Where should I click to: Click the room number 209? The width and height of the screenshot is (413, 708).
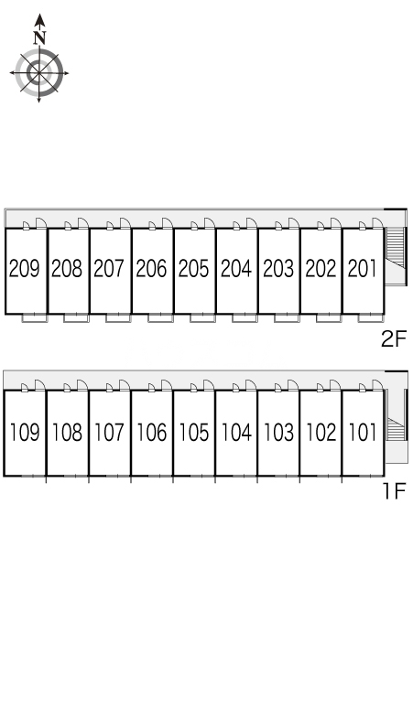click(x=25, y=268)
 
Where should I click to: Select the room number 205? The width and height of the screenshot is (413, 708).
click(x=194, y=268)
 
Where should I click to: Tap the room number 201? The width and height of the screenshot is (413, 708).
click(x=363, y=268)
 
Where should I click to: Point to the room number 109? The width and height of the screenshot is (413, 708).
click(x=25, y=432)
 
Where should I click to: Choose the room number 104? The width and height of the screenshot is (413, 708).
click(x=236, y=432)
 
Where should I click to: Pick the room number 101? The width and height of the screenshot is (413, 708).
click(x=363, y=432)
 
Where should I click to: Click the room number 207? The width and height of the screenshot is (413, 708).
click(x=109, y=268)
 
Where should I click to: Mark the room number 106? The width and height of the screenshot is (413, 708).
click(x=152, y=432)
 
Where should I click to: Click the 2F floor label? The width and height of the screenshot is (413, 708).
click(x=394, y=338)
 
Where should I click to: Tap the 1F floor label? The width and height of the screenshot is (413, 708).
click(x=395, y=491)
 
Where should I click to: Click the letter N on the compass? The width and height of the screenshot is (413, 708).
click(x=40, y=38)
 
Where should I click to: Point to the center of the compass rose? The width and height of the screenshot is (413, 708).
click(x=39, y=72)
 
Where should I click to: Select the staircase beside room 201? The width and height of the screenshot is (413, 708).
click(x=395, y=249)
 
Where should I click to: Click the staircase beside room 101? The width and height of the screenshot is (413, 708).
click(x=395, y=429)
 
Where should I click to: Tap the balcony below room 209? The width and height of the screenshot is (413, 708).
click(x=35, y=318)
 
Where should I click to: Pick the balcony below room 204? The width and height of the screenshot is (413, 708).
click(x=245, y=318)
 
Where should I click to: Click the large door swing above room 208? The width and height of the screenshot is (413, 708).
click(x=83, y=222)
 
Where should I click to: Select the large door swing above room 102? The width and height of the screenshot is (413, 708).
click(x=335, y=385)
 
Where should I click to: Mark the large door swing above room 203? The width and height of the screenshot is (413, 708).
click(x=294, y=222)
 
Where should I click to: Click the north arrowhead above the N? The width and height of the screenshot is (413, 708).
click(x=40, y=20)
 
